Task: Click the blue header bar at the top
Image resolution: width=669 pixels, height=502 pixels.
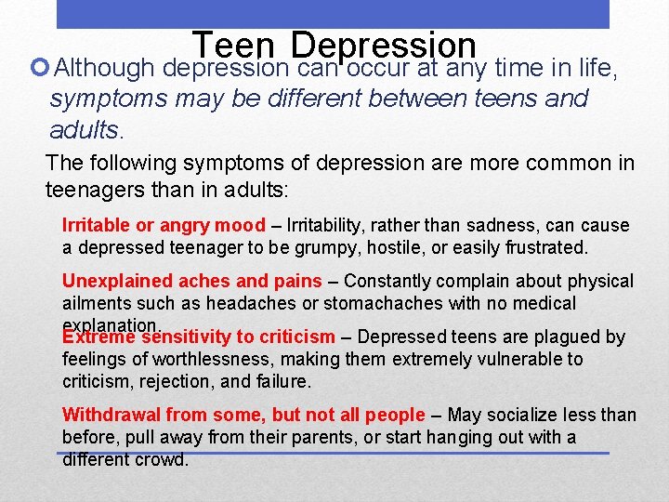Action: (x=333, y=14)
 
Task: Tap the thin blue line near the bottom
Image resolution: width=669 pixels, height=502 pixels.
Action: (x=334, y=453)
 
